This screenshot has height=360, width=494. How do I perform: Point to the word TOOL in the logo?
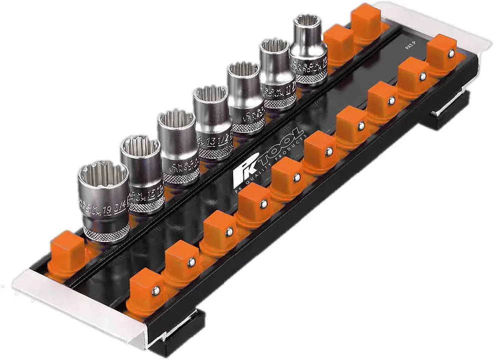280,150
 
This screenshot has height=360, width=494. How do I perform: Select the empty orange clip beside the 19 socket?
68,247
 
